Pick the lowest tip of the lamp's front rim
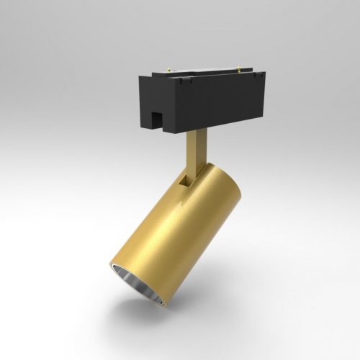(x=163, y=305)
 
